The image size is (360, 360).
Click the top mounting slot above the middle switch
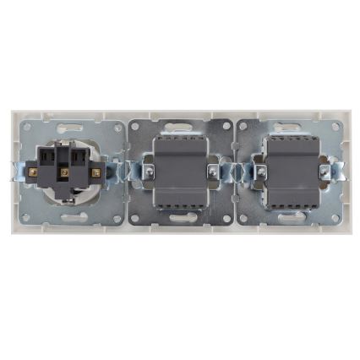point(180,128)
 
